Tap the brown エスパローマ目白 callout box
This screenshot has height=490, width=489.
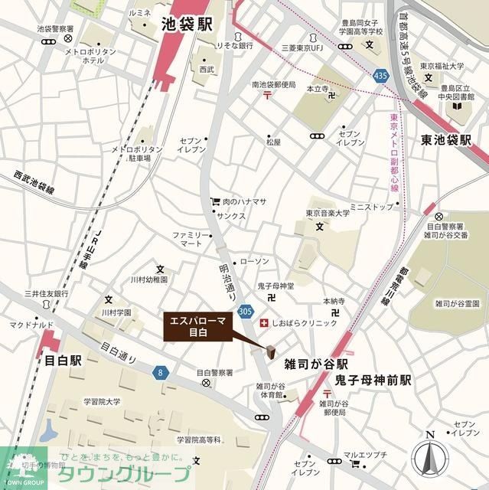[197, 327]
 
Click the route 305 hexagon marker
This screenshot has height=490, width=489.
[245, 312]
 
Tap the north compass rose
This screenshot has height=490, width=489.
[430, 459]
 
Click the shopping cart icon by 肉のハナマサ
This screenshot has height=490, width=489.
[215, 201]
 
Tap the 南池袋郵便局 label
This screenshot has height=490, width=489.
[273, 84]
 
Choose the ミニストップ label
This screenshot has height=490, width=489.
[370, 207]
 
